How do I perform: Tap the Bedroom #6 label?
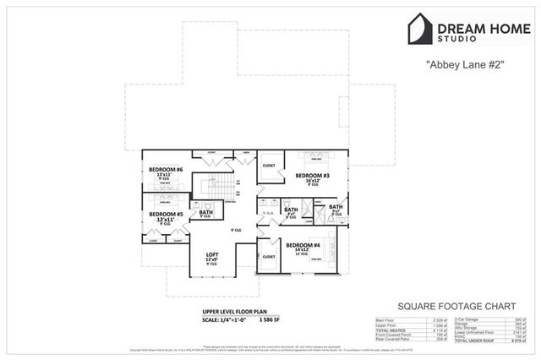166,171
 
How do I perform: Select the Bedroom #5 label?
166,215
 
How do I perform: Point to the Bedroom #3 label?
312,176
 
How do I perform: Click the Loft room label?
212,254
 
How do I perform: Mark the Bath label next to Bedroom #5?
205,213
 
